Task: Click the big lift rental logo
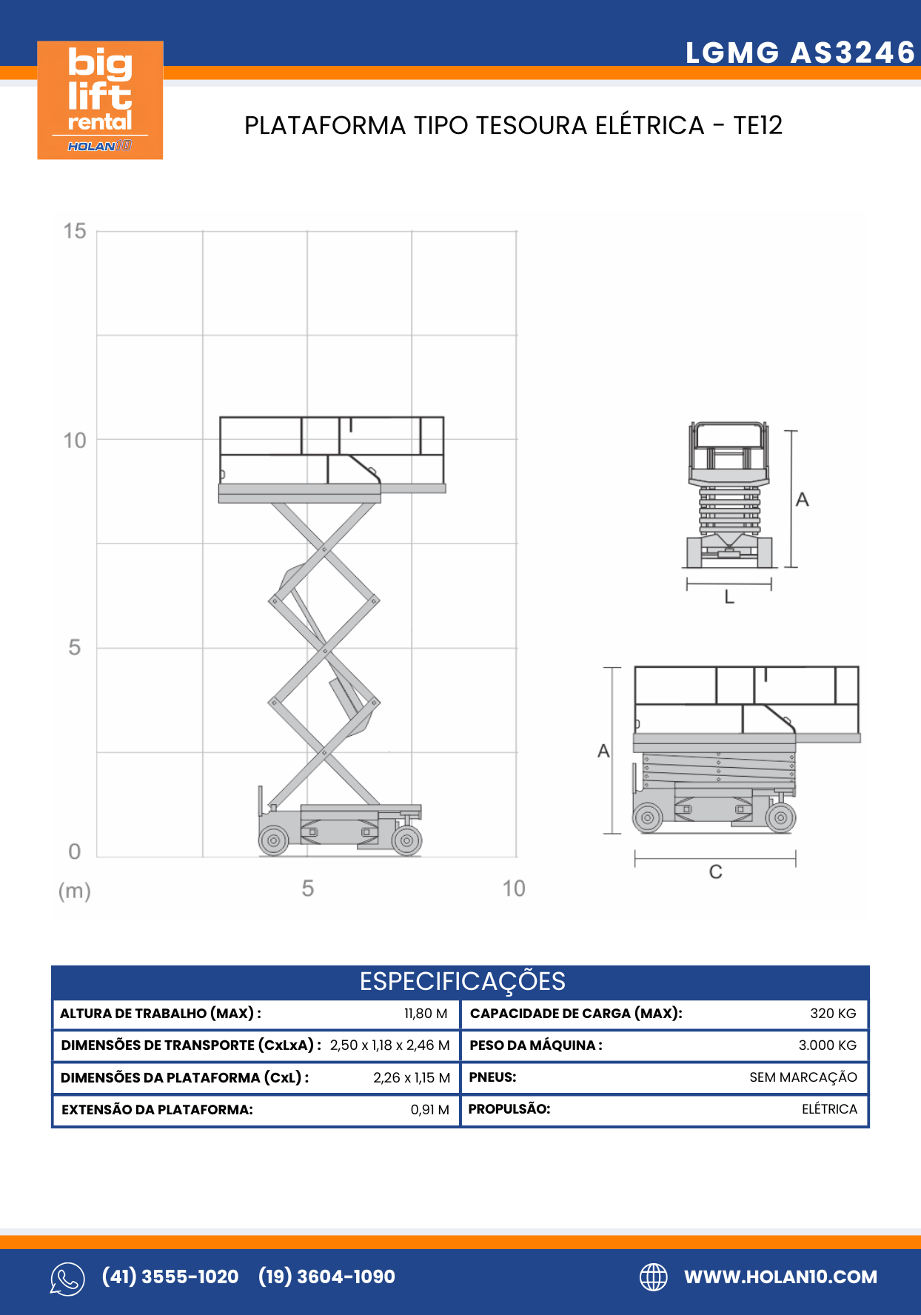coord(100,100)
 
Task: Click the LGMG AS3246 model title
coord(800,53)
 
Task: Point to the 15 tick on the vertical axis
coord(75,231)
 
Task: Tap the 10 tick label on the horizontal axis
coord(513,889)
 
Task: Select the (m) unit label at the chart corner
coord(75,891)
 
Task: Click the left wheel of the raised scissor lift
coord(273,840)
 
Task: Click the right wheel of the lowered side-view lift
coord(780,818)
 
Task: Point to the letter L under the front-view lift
coord(729,598)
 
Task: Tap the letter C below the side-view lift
coord(715,872)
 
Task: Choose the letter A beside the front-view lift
coord(802,501)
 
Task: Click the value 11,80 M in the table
coord(426,1014)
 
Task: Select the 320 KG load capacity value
coord(833,1014)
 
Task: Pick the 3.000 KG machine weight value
coord(827,1045)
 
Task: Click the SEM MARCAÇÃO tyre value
coord(803,1077)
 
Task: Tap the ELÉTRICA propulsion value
coord(829,1109)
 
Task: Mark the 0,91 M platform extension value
coord(429,1110)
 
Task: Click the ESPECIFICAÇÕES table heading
coord(462,982)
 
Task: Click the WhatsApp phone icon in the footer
coord(67,1279)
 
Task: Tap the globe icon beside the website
coord(653,1277)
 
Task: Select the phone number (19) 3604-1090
coord(326,1277)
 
